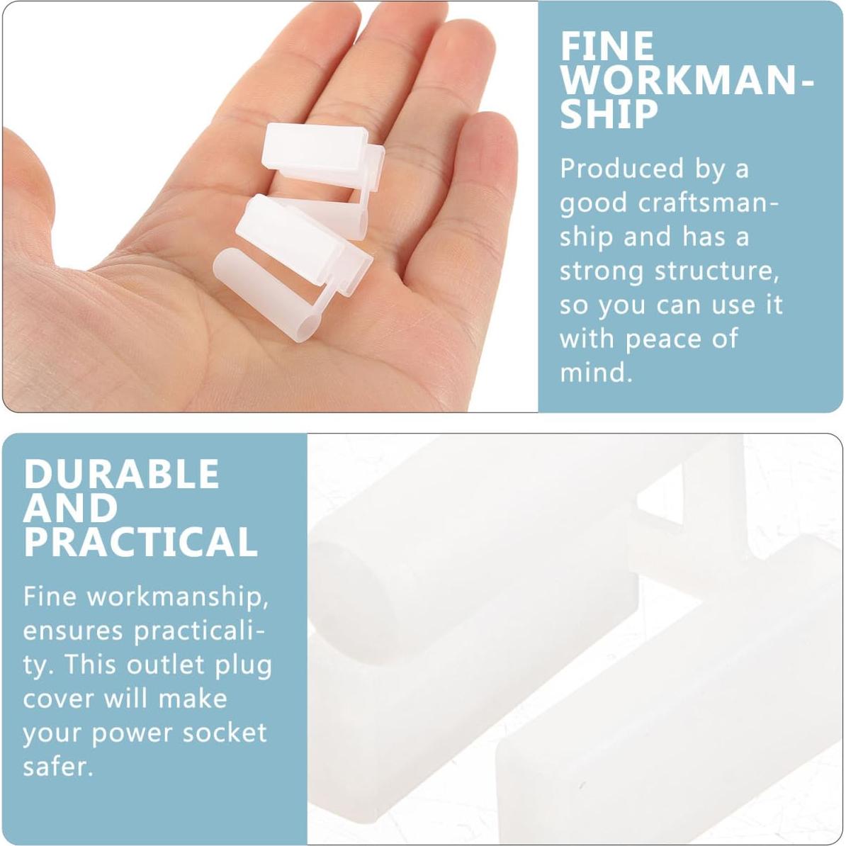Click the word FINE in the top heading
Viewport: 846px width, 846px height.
click(607, 47)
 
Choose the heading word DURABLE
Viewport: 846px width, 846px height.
click(121, 474)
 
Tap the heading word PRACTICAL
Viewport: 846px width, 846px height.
click(140, 542)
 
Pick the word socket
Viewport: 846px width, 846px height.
click(225, 733)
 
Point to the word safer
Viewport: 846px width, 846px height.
click(57, 767)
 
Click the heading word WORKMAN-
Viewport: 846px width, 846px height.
click(686, 81)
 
